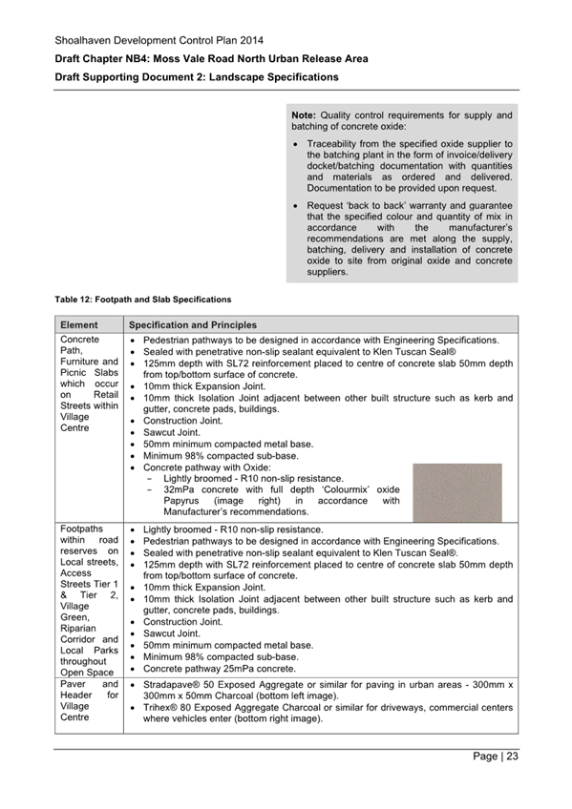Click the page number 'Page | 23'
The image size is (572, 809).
coord(496,757)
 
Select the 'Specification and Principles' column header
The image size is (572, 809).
coord(192,325)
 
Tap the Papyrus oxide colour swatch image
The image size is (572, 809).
coord(456,492)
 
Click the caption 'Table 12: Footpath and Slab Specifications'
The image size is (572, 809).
coord(142,300)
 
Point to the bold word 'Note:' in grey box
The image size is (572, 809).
coord(305,115)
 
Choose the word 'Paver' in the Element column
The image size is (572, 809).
coord(74,684)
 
